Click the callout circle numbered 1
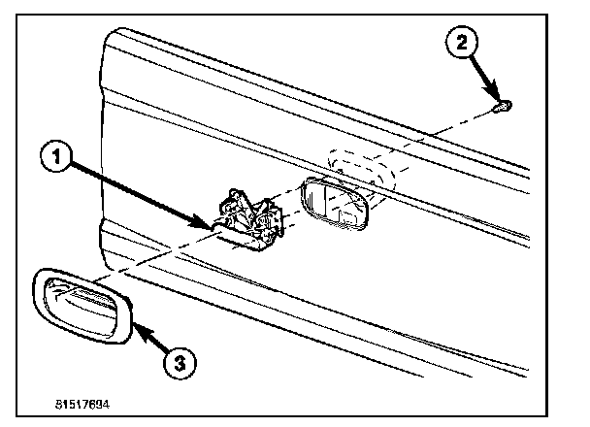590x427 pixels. pyautogui.click(x=56, y=155)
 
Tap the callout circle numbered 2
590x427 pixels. pyautogui.click(x=462, y=42)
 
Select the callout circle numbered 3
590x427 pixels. pyautogui.click(x=180, y=363)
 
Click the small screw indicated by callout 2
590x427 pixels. pyautogui.click(x=503, y=107)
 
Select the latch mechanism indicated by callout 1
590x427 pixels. pyautogui.click(x=251, y=220)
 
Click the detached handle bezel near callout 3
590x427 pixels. pyautogui.click(x=82, y=306)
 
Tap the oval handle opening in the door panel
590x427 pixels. pyautogui.click(x=334, y=203)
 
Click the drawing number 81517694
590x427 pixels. pyautogui.click(x=82, y=405)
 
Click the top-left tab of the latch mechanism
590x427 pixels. pyautogui.click(x=233, y=194)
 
